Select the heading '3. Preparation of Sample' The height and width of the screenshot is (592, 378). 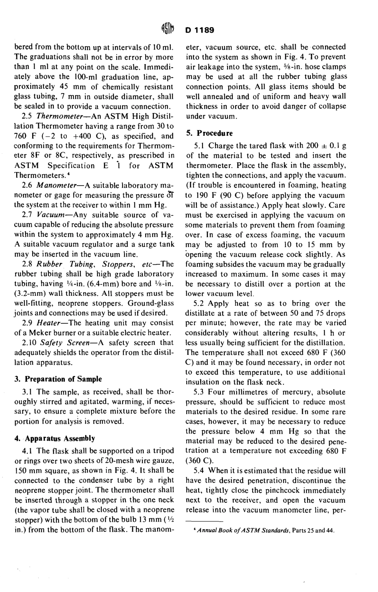coord(58,379)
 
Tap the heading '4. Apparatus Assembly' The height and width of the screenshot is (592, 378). coord(55,438)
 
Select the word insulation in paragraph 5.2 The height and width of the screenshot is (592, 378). coord(203,382)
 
